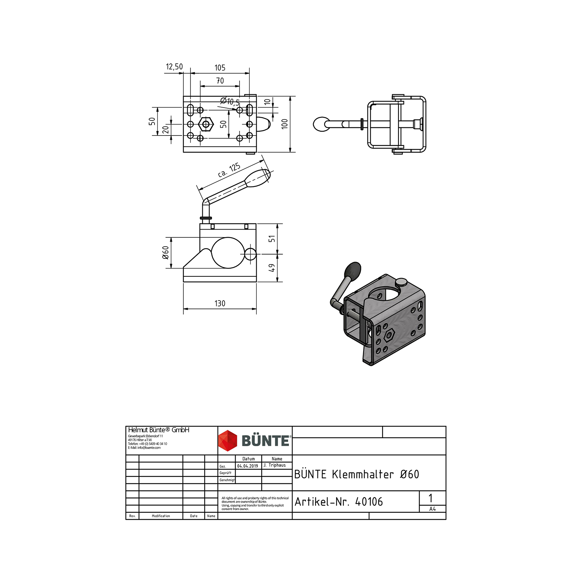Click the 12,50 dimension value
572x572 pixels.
[174, 66]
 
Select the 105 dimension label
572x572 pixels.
[220, 68]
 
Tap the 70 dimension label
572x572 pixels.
[220, 81]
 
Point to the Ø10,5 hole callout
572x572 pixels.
[230, 102]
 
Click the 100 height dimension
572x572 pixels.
[285, 124]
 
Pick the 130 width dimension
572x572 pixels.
[220, 304]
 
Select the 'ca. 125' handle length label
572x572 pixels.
[229, 170]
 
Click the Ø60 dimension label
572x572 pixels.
[166, 252]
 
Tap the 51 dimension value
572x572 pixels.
[272, 238]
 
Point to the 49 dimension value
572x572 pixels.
[272, 268]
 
